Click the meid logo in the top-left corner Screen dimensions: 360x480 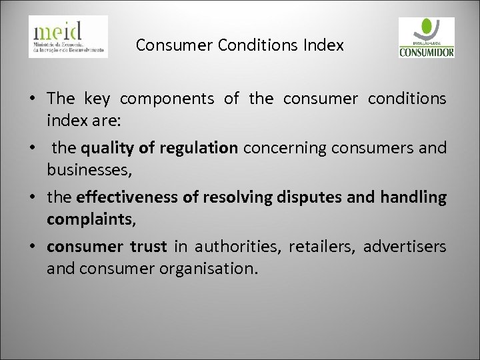pos(68,37)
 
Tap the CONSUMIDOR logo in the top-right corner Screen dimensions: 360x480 pos(426,37)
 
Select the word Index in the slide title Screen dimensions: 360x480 pos(326,46)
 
